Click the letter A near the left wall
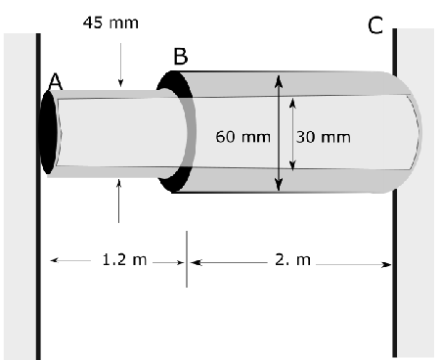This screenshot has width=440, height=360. (56, 85)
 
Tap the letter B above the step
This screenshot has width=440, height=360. (180, 56)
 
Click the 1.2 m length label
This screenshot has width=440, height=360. (125, 260)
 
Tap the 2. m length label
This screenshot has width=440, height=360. (288, 260)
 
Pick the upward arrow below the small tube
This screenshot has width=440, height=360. (119, 201)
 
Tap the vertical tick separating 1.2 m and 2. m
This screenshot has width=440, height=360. (187, 260)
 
